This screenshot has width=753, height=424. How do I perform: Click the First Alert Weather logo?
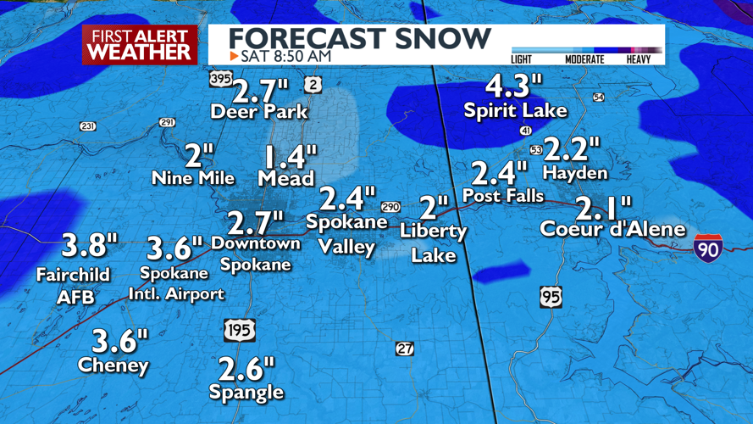(x=140, y=44)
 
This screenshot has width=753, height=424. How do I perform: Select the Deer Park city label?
(x=259, y=112)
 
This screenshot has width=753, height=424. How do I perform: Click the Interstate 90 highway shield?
(x=707, y=247)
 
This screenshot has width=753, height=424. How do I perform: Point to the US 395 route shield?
(x=221, y=79)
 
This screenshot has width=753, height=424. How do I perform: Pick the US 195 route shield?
(x=240, y=330)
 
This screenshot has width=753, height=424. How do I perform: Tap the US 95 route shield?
(x=551, y=297)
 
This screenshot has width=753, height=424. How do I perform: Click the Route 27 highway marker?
(x=405, y=349)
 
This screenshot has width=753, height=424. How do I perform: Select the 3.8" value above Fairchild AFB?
(x=89, y=246)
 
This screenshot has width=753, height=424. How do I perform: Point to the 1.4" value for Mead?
(x=291, y=157)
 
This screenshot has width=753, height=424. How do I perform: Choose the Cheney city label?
(x=114, y=365)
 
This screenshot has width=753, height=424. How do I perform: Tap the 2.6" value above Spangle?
(x=246, y=369)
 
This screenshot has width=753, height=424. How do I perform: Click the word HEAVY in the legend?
(x=639, y=59)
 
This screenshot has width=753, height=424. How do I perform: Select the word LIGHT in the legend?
(x=523, y=59)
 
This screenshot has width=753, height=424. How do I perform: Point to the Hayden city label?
(x=575, y=173)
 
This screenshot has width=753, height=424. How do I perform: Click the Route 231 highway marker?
(x=88, y=126)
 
